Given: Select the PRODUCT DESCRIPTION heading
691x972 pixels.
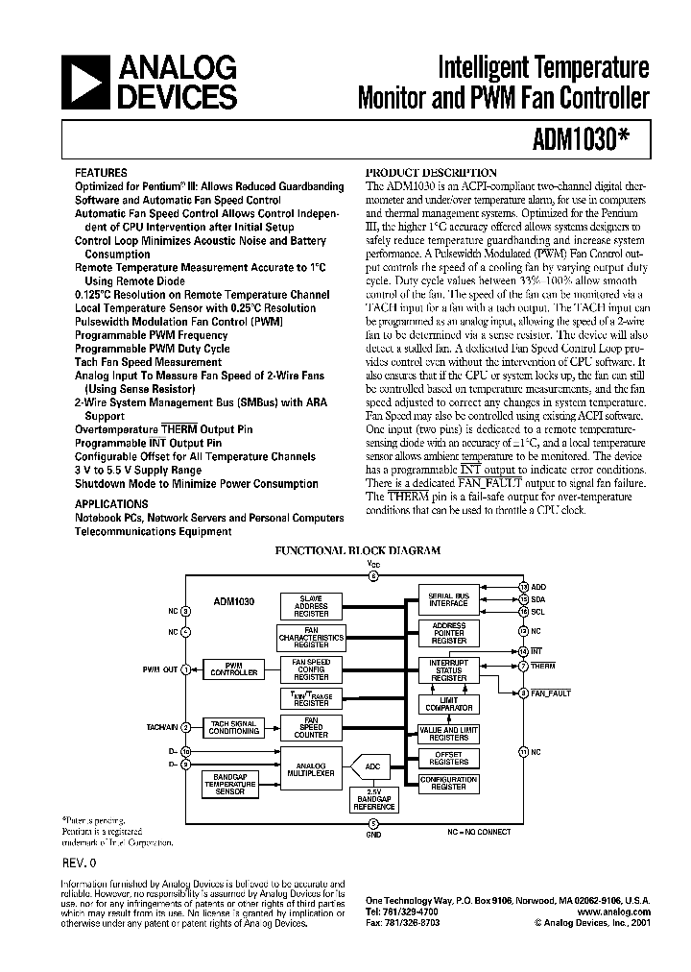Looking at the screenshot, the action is coord(432,172).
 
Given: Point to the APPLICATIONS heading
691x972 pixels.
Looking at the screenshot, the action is coord(111,502).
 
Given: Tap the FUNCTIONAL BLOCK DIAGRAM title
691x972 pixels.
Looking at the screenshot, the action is coord(358,551).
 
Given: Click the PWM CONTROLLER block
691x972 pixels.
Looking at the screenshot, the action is coord(234,670).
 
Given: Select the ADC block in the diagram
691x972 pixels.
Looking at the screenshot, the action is coord(373,765).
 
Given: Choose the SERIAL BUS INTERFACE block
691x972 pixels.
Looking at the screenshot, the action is coord(448,599).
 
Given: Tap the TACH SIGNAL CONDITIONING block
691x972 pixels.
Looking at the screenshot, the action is coord(234,727).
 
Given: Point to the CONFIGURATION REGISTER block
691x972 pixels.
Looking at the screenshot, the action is coord(448,783).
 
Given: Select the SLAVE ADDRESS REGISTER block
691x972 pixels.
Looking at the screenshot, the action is coord(304,606).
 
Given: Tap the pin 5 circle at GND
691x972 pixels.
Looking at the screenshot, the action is coord(374,823).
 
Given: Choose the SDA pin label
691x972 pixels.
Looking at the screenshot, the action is coord(538,598).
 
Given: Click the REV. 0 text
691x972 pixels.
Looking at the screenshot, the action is coord(82,862).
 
